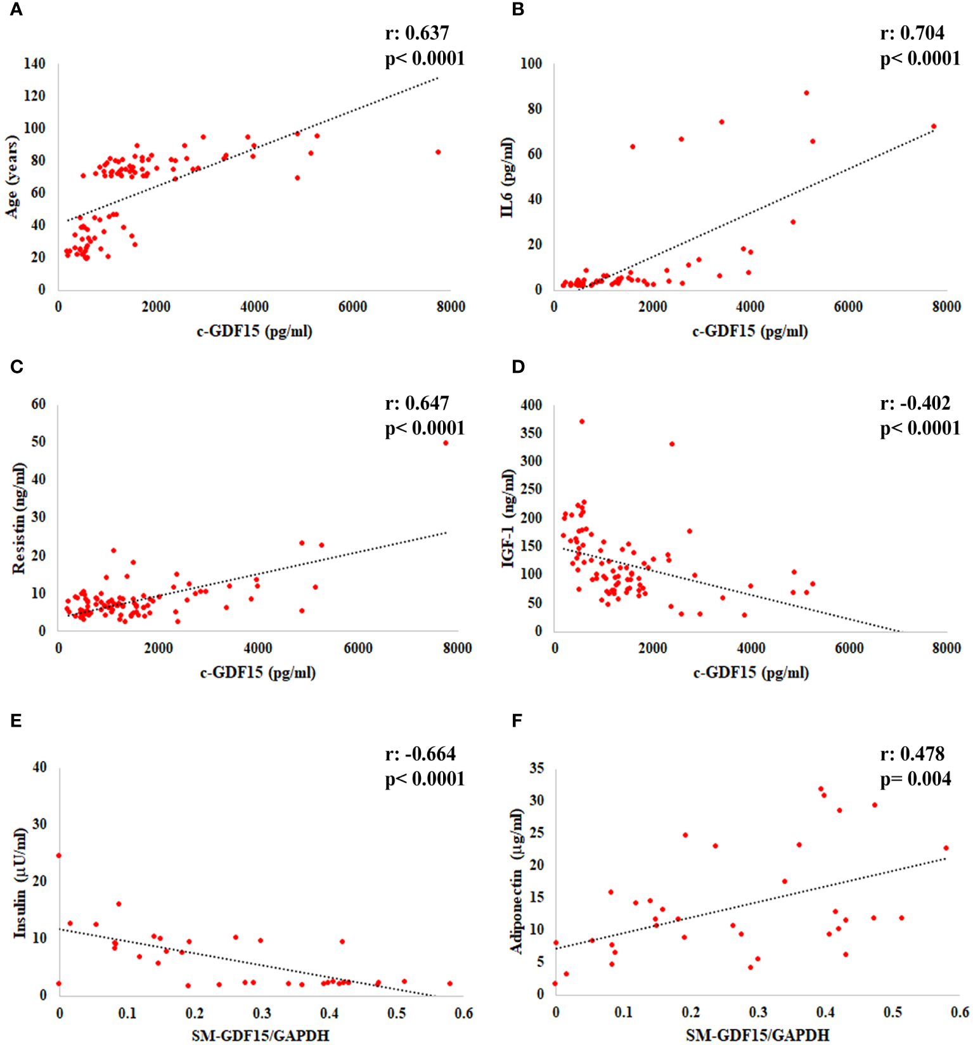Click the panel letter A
16,10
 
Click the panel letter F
517,721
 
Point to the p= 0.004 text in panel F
915,779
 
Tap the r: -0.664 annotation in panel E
420,754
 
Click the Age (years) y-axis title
12,177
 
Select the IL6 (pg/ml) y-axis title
506,178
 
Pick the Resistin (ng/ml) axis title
19,519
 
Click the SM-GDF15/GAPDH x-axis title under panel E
260,1035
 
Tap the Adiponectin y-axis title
517,881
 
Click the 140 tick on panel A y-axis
35,63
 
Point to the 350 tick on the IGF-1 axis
531,433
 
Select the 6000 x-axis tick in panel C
358,648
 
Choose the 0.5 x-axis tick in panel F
892,1012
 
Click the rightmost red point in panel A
438,152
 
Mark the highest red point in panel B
806,93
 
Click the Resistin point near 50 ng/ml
446,443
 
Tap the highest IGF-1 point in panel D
582,422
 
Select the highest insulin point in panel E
59,855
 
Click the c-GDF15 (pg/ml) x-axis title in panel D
751,672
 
